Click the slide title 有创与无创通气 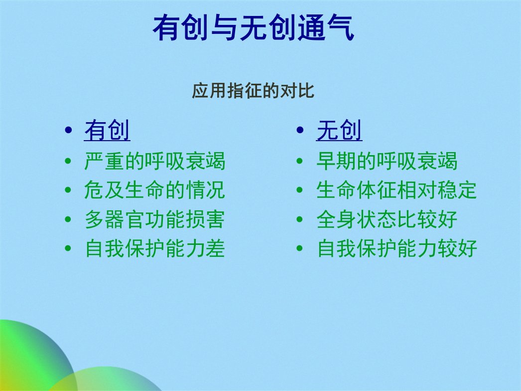[x=254, y=27]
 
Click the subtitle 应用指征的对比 [x=253, y=90]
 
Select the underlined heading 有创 [x=107, y=130]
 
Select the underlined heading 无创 [x=339, y=130]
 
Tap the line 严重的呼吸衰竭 [x=155, y=161]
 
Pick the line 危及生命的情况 [x=155, y=190]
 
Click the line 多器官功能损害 [x=155, y=219]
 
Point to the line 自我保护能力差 [x=155, y=248]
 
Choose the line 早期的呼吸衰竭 [x=387, y=161]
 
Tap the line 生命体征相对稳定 [x=397, y=190]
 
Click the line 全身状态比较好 [x=387, y=219]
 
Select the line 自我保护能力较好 [x=397, y=248]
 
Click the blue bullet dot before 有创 [x=68, y=130]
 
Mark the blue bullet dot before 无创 [x=300, y=130]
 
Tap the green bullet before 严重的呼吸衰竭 [x=68, y=162]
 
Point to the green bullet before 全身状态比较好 [x=300, y=219]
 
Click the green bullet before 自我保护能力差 [x=68, y=248]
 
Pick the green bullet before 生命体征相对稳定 [x=300, y=191]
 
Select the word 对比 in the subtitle [x=297, y=90]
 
